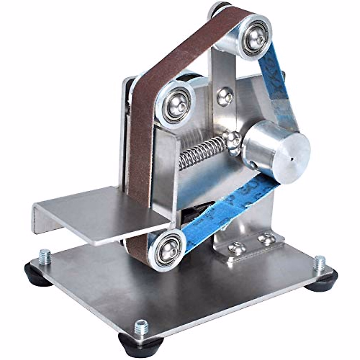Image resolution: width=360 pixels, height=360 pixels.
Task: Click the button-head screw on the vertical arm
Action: [224, 96]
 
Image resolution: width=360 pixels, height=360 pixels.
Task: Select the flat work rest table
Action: [99, 213]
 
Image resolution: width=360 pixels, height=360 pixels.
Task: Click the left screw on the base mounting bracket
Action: [237, 248]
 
